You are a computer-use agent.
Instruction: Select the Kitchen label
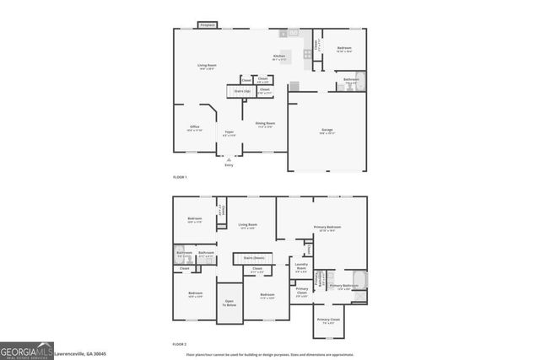coord(278,57)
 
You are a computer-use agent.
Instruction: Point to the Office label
coord(194,127)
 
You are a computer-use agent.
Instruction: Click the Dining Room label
coord(266,125)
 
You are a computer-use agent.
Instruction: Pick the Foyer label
coord(229,132)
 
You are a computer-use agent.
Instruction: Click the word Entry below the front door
coord(229,165)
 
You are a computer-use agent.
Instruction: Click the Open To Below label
coord(229,303)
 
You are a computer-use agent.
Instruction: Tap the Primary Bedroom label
coord(328,228)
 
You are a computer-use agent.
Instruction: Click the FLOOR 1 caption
coord(180,177)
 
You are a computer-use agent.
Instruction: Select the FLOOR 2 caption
coord(180,344)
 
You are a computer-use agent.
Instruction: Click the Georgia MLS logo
coord(26,350)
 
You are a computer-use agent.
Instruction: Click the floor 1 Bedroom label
coord(344,48)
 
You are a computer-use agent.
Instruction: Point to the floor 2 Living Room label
coord(247,224)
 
